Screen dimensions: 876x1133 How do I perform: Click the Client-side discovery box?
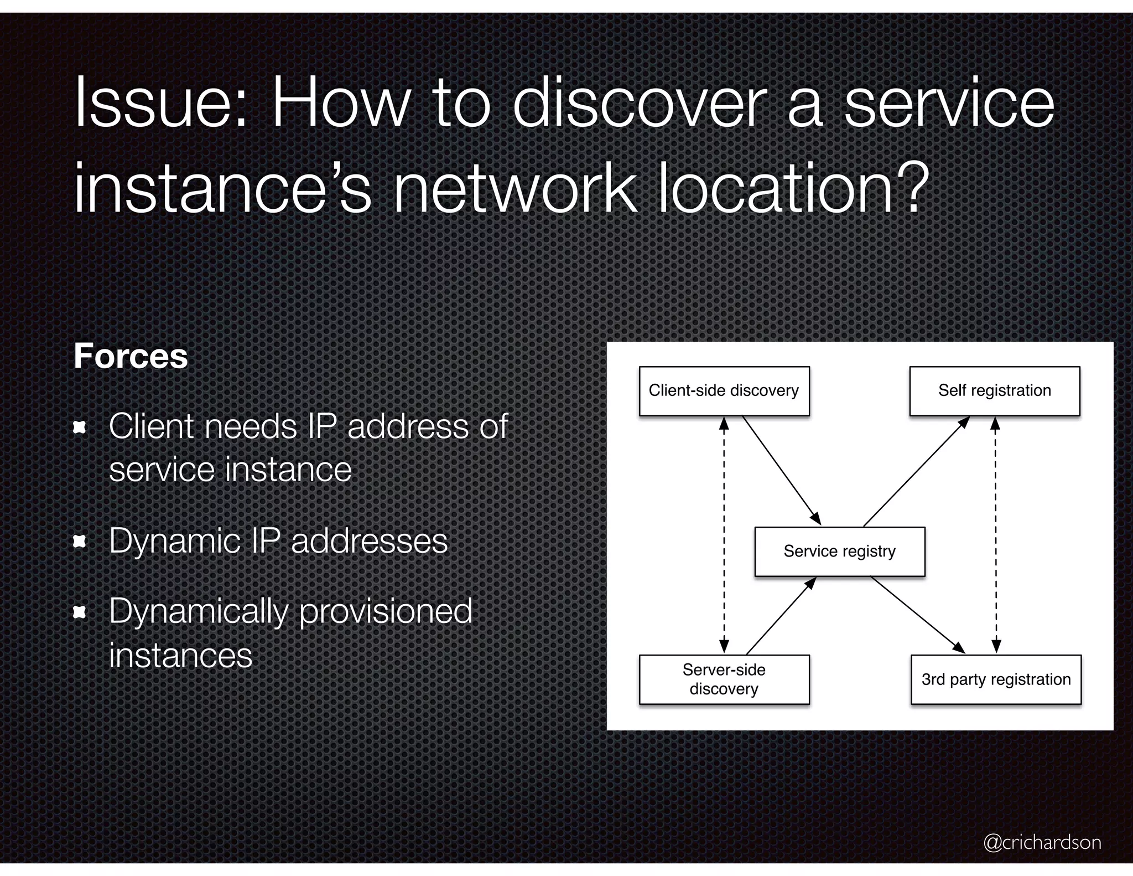point(724,391)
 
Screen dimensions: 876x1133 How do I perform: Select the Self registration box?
point(994,391)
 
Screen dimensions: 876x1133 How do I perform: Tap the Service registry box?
point(839,552)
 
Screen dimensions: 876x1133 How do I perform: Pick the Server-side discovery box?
point(724,679)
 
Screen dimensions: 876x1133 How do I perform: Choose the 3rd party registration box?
point(995,679)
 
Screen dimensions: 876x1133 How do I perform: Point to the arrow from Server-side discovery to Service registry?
point(781,616)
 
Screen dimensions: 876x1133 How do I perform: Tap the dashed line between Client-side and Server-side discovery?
point(724,534)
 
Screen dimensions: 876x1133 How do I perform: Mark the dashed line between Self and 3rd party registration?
point(995,534)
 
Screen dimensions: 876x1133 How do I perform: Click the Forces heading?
point(131,356)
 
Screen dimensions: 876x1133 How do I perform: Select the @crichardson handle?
point(1042,842)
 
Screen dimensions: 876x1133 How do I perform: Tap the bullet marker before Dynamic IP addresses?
point(80,542)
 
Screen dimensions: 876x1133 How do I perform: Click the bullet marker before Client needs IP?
point(80,427)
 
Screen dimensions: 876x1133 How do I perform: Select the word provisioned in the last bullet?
point(385,612)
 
